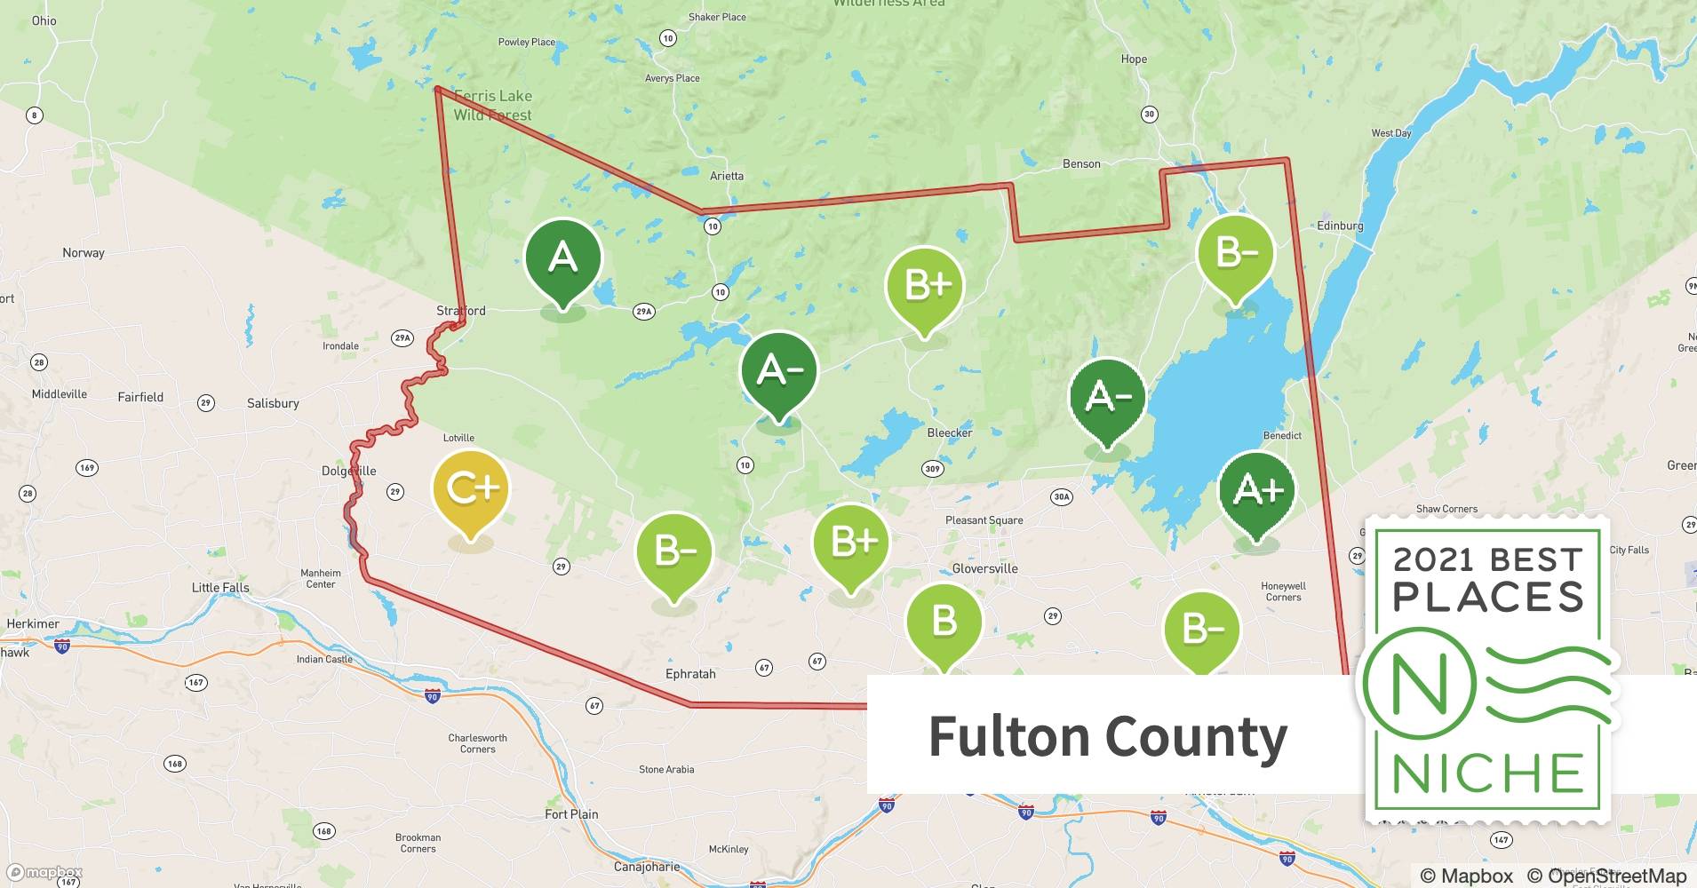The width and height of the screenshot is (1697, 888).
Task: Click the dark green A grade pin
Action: coord(563,258)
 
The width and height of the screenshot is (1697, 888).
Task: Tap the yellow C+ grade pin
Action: coord(470,489)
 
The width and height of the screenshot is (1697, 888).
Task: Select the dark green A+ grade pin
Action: coord(1257,490)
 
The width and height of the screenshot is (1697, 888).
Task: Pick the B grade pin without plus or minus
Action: coord(944,622)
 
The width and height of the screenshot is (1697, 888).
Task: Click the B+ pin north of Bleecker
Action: coord(925,286)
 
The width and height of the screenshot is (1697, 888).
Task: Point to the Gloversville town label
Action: coord(984,568)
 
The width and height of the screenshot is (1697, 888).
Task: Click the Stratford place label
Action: coord(461,311)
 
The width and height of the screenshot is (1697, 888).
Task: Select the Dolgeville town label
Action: coord(348,471)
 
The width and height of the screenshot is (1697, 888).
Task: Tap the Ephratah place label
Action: coord(690,674)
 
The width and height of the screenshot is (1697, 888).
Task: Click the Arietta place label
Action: coord(727,176)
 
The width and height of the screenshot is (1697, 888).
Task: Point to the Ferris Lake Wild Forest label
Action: coord(493,105)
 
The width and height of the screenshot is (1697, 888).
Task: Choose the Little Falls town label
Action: coord(220,588)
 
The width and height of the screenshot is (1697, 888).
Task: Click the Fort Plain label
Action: coord(571,814)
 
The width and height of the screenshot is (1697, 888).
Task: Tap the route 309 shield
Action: coord(932,469)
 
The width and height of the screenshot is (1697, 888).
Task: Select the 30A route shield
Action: coord(1062,497)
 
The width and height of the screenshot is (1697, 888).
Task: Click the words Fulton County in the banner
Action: coord(1107,736)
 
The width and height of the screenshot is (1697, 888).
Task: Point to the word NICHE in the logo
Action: coord(1489,773)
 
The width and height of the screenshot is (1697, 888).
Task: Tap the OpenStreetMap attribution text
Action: coord(1616,876)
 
